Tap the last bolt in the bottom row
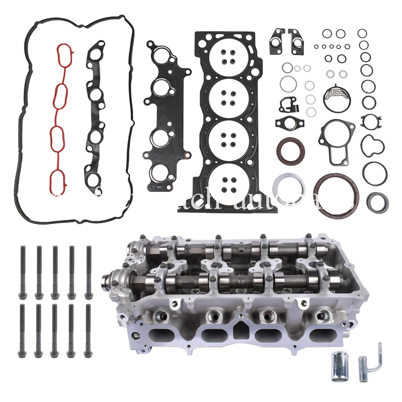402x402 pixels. (x=88, y=330)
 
